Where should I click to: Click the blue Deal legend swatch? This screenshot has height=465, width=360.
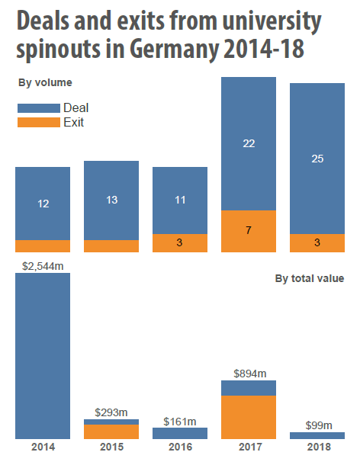tap(38, 108)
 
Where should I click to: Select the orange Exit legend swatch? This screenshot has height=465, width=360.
tap(38, 122)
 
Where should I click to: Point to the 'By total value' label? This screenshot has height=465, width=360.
tap(309, 279)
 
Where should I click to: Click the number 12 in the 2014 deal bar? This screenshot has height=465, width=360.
tap(43, 204)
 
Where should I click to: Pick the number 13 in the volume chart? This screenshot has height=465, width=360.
tap(111, 200)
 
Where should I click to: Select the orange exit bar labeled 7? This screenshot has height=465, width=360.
tap(249, 231)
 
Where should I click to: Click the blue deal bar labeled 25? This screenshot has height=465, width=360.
tap(317, 159)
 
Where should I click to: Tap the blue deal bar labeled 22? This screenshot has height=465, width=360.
tap(249, 143)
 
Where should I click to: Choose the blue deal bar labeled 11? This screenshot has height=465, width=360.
tap(180, 200)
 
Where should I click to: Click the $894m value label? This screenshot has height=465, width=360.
tap(249, 373)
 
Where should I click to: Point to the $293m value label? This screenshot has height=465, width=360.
tap(111, 412)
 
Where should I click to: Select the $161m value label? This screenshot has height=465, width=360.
tap(180, 421)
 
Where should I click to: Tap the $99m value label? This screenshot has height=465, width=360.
tap(317, 425)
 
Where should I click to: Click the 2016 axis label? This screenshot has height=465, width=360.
tap(180, 447)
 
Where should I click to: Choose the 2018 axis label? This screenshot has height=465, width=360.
tap(317, 447)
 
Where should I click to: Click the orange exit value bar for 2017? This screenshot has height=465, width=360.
tap(249, 417)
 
